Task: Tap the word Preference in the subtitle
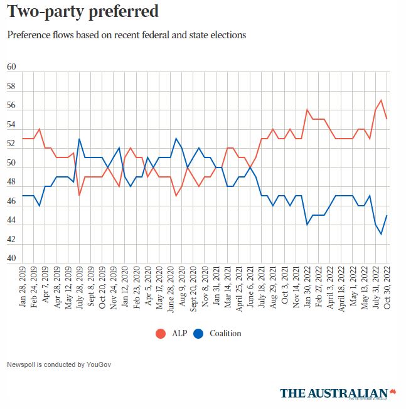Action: point(30,35)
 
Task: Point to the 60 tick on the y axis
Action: point(11,67)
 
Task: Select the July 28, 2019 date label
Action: point(79,289)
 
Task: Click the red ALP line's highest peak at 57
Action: point(381,100)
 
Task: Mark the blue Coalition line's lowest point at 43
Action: point(381,234)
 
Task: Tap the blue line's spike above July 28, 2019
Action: point(79,139)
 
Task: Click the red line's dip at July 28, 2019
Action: point(79,195)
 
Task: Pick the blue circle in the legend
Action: point(198,334)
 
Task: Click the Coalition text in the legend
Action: point(225,334)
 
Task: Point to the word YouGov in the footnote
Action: point(99,364)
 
